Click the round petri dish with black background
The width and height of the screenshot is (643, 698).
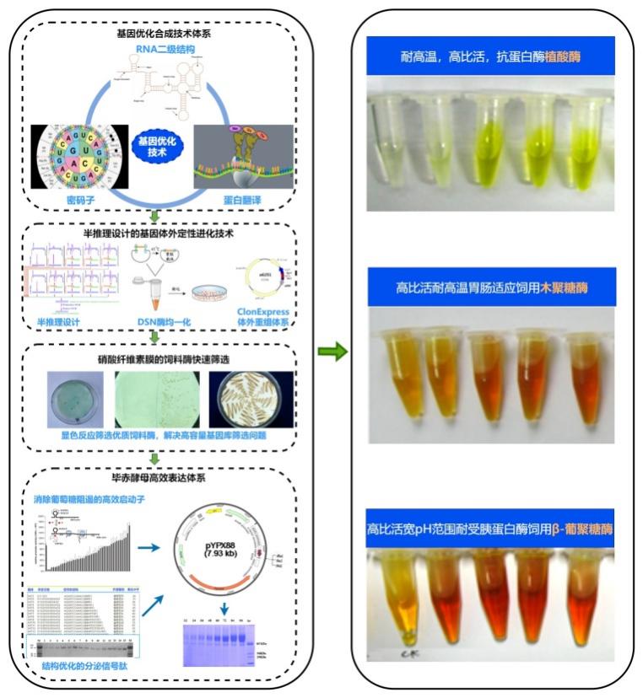251,401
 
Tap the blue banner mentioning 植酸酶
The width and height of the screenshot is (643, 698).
490,56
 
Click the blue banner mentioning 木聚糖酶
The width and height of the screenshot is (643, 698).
491,287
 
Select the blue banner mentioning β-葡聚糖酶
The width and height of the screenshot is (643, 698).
490,529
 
